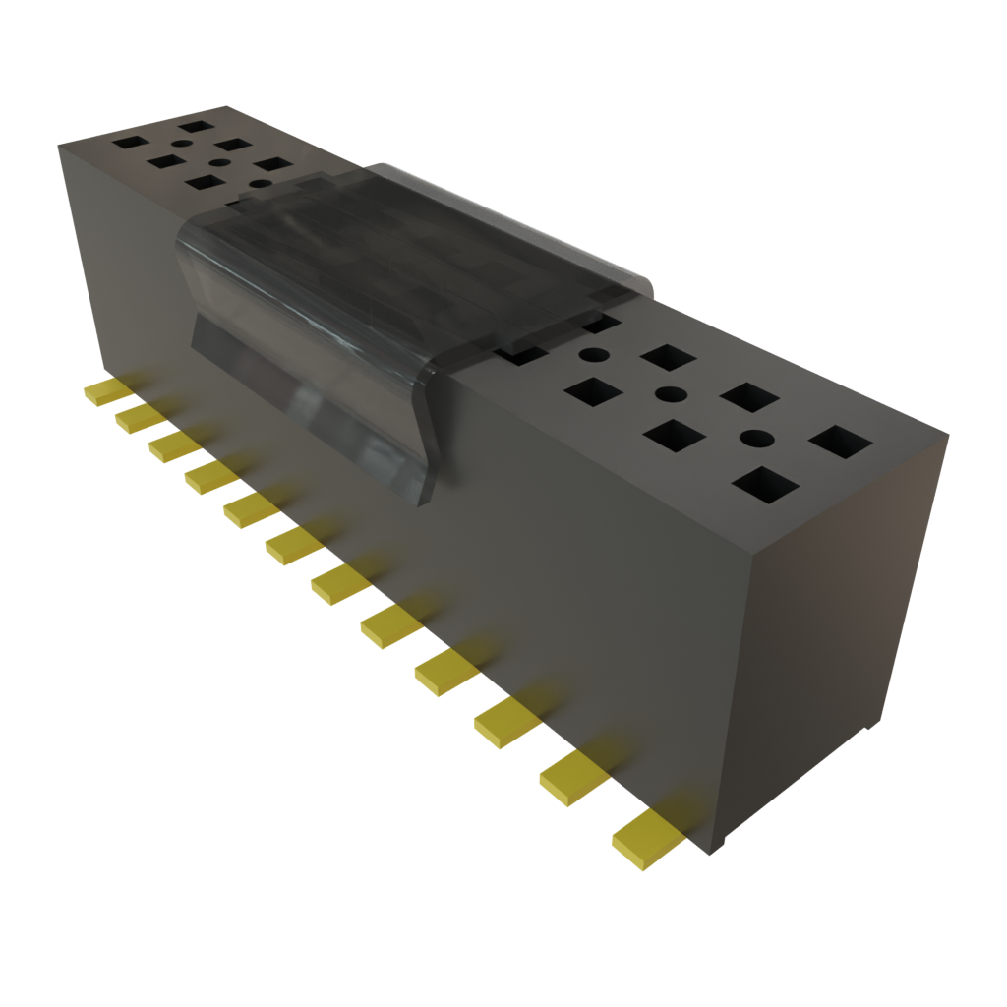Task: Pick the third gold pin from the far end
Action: point(174,444)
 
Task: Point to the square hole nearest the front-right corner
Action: point(765,486)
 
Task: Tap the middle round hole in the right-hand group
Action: point(671,395)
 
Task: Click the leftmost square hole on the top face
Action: point(129,142)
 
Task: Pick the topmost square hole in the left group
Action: point(198,126)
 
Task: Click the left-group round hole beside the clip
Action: point(260,183)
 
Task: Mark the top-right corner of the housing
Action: point(950,430)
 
